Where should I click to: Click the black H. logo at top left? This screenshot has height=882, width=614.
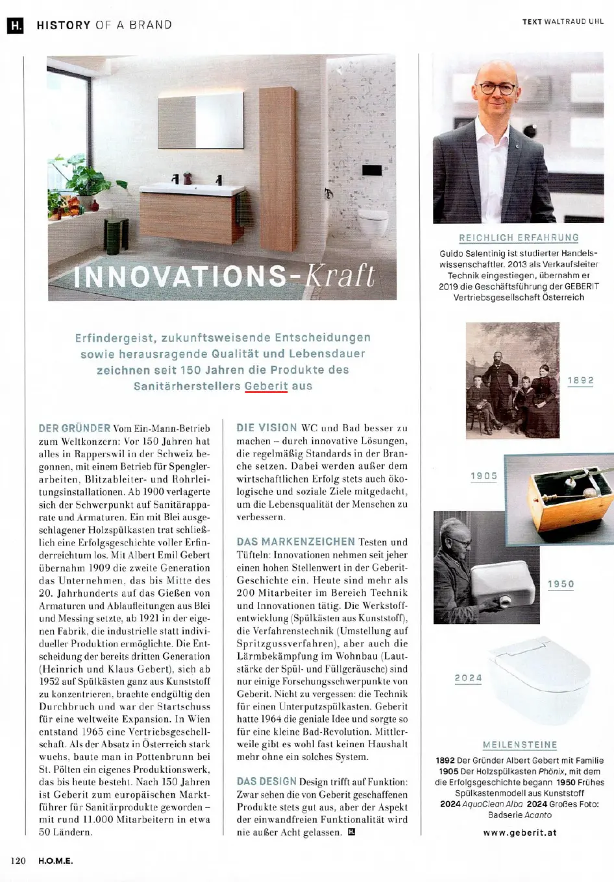15,25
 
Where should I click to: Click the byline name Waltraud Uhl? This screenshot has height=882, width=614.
574,21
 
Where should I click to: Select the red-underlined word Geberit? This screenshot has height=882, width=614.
266,386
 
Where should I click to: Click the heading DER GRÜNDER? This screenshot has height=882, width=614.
75,428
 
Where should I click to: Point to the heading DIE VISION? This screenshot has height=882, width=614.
267,428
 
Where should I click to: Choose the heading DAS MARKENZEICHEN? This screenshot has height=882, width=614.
295,542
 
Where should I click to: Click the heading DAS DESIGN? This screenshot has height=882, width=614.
266,781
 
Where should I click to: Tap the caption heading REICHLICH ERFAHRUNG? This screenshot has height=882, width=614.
519,238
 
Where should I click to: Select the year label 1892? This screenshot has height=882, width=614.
580,381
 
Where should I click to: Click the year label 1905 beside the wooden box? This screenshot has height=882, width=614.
484,476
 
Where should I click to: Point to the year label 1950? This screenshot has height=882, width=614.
561,584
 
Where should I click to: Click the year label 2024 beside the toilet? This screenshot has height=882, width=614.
468,678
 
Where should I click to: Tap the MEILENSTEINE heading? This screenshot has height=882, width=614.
520,745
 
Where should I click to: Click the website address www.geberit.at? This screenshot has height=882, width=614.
520,833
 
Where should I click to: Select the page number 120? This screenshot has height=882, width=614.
18,861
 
